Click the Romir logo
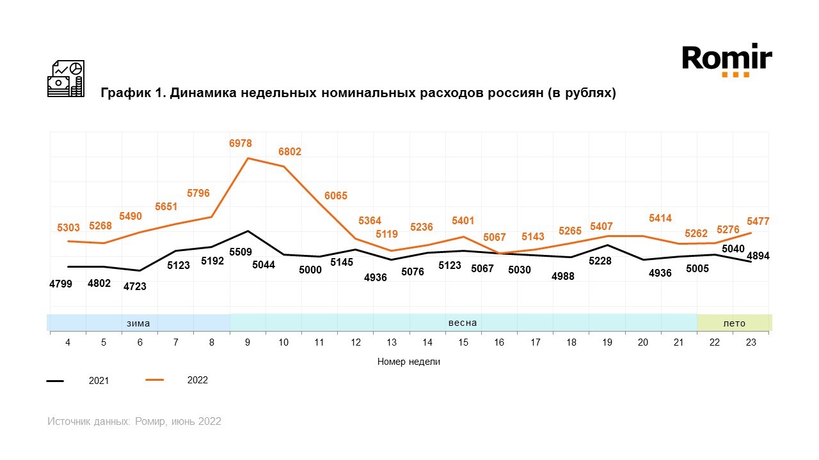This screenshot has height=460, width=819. [727, 61]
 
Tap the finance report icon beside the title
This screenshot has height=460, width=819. [66, 79]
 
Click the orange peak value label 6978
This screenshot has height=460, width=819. [240, 144]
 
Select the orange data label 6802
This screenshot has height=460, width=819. [289, 152]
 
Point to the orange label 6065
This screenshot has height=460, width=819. [335, 196]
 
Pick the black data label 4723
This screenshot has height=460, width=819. [134, 287]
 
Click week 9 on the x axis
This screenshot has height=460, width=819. [248, 342]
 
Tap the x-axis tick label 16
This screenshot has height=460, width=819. [499, 342]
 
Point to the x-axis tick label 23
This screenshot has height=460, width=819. [751, 342]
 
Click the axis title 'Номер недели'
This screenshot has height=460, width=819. [409, 362]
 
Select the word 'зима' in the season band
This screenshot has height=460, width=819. [138, 323]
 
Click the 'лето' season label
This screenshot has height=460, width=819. [734, 323]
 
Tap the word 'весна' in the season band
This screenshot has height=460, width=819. [463, 323]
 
